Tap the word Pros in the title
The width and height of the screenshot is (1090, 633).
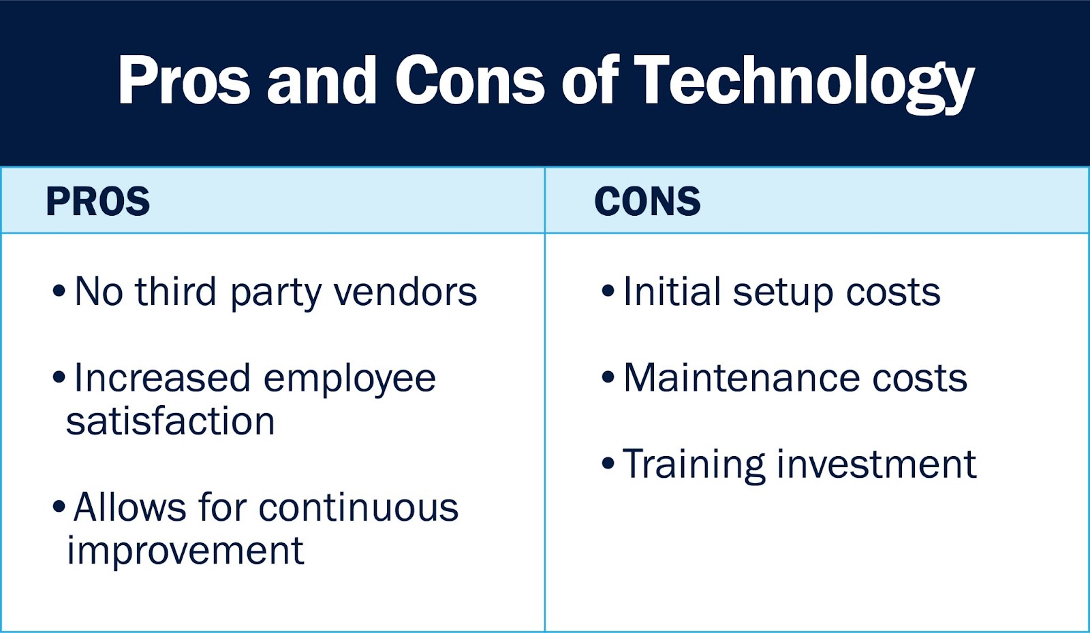click(184, 80)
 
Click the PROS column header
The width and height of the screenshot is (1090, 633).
click(98, 201)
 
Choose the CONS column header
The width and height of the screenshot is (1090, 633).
click(647, 201)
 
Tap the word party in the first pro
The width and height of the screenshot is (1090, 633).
click(275, 293)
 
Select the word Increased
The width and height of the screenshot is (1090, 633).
click(162, 378)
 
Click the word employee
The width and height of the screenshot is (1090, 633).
click(349, 380)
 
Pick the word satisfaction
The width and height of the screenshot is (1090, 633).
click(170, 421)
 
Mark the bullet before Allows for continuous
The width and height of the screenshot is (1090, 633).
click(59, 506)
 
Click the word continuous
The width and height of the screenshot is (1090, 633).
click(358, 507)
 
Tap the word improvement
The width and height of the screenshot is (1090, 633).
click(185, 551)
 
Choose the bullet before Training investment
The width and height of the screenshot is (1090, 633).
click(608, 463)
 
